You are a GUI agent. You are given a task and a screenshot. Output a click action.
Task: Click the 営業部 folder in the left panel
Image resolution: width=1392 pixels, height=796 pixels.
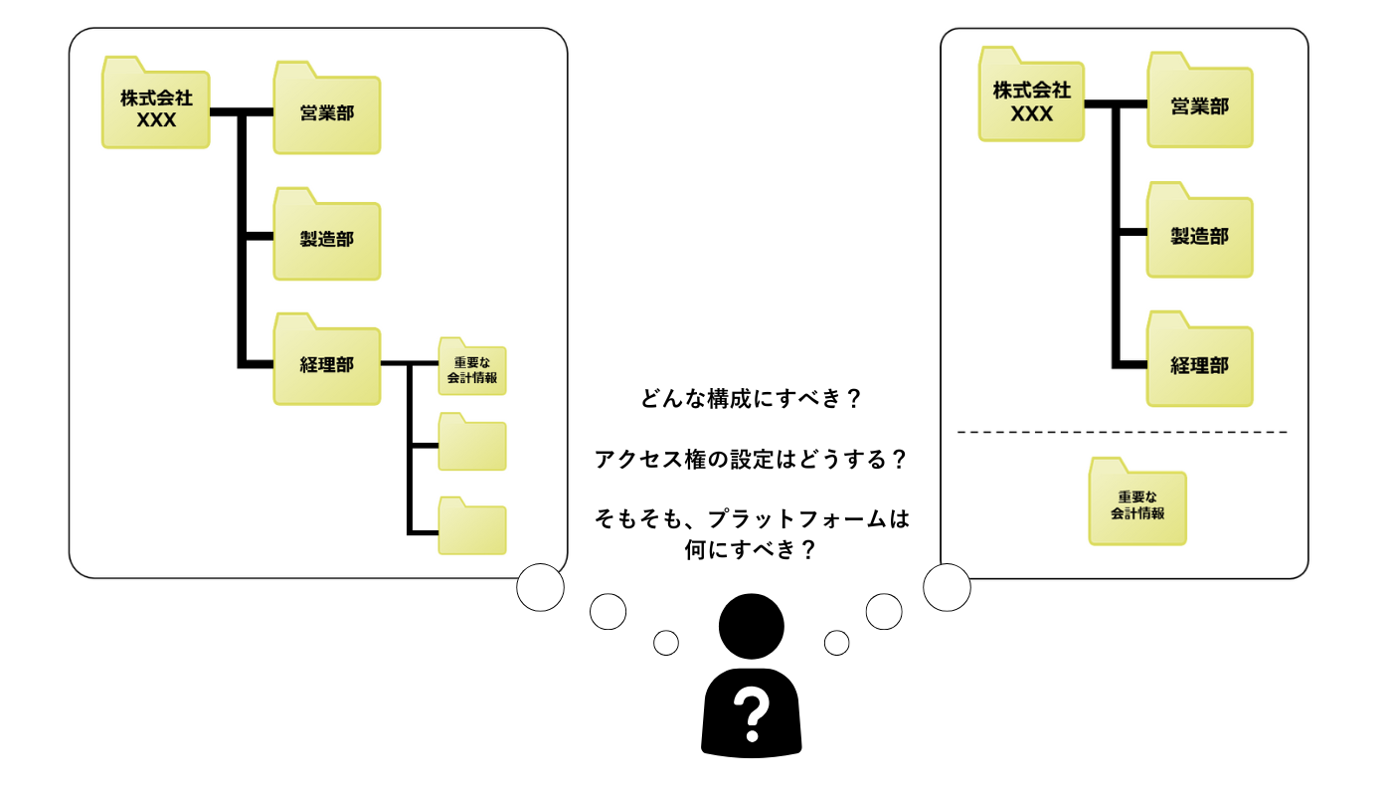point(326,112)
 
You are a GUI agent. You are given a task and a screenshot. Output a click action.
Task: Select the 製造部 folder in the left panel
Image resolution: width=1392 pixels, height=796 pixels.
point(326,239)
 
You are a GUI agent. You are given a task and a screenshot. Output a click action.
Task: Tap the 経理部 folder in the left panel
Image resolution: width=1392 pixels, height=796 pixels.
point(326,364)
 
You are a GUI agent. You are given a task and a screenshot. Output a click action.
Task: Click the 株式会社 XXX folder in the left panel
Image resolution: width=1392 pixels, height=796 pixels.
point(156,108)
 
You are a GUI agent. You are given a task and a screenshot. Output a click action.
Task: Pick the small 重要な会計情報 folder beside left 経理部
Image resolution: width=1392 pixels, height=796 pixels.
point(472,369)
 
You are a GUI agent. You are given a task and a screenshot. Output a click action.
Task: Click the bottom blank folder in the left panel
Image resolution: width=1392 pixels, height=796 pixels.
point(472,527)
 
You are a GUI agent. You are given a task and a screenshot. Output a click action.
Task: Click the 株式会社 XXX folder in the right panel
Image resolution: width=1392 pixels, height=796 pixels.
point(1031,100)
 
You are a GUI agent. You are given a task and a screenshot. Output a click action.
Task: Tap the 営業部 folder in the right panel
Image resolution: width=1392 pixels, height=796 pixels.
point(1199,105)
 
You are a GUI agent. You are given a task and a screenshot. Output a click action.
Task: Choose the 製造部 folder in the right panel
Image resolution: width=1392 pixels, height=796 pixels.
point(1199,236)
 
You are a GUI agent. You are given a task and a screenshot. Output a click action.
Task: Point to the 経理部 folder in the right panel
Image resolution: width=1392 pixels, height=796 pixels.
point(1199,364)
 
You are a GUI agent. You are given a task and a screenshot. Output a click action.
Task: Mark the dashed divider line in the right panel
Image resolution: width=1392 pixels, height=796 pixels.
point(1122,433)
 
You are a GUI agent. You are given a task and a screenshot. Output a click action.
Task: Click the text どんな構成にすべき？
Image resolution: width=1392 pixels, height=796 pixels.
point(751,400)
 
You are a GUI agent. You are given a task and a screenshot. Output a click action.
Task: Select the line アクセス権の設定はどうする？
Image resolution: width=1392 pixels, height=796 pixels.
point(751,460)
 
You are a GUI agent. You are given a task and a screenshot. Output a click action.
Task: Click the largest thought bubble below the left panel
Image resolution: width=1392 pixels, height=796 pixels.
point(541,587)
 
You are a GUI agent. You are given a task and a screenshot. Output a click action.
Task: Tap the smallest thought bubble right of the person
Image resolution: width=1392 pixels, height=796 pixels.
point(837,643)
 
